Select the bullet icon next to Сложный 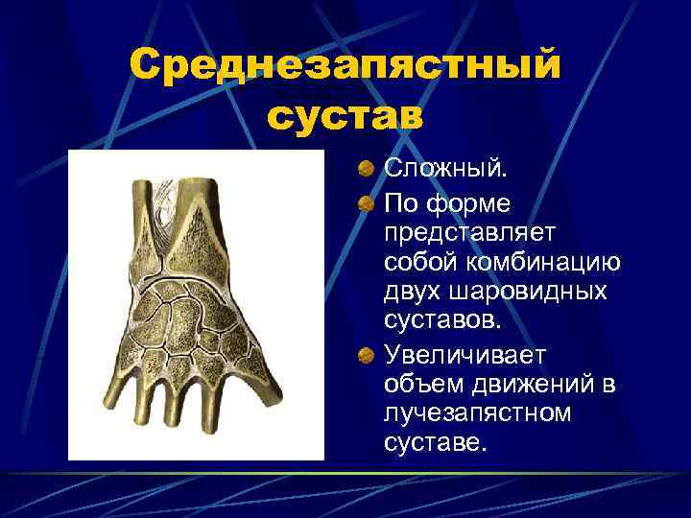click(x=368, y=170)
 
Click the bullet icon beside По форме click(x=368, y=204)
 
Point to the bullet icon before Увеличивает click(x=368, y=356)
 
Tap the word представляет click(x=476, y=233)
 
